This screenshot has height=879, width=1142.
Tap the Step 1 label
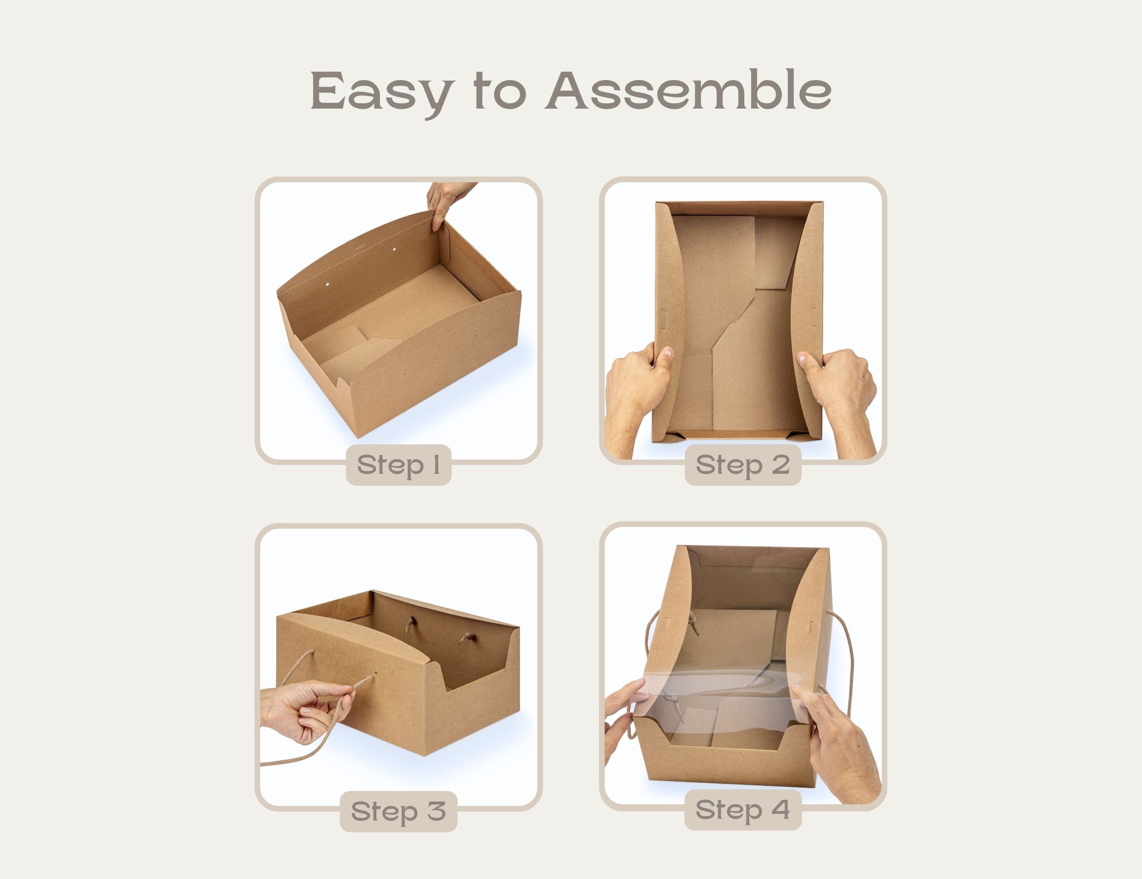[398, 465]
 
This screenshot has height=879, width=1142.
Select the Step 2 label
[742, 465]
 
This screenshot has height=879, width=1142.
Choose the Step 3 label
[398, 811]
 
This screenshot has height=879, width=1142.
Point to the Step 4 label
[742, 810]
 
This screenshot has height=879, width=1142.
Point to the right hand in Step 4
[837, 743]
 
